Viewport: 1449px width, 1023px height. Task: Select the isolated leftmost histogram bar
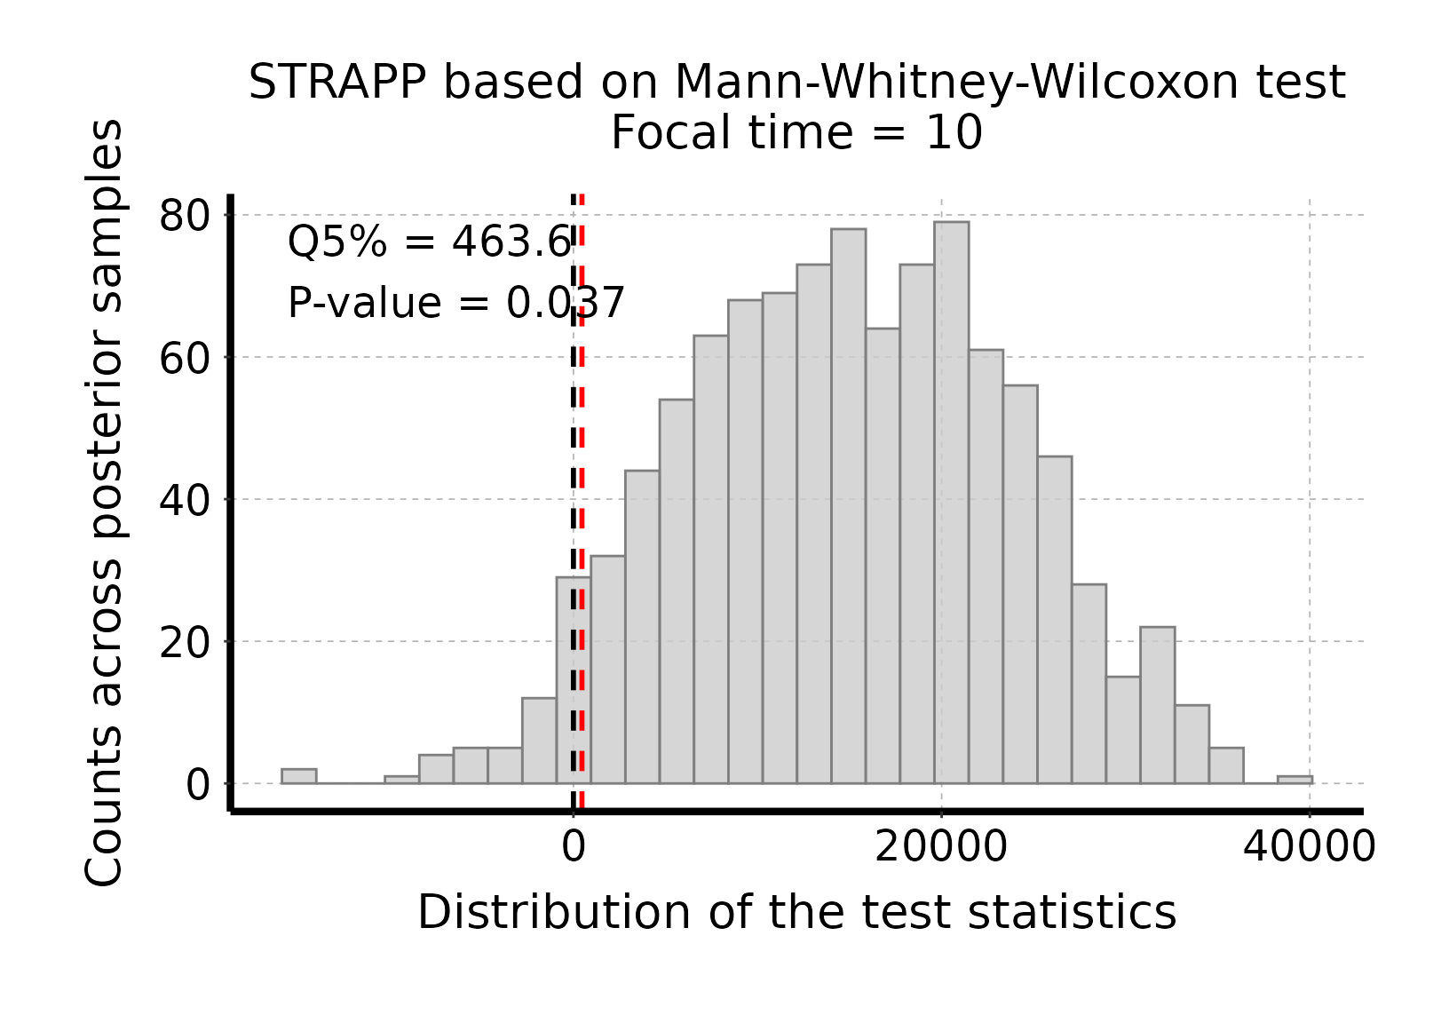tap(298, 776)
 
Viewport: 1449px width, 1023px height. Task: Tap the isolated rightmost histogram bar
tap(1294, 780)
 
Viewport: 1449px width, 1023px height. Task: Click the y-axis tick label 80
tap(185, 216)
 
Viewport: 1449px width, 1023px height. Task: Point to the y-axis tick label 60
tap(185, 358)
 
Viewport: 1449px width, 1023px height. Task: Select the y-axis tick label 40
tap(185, 500)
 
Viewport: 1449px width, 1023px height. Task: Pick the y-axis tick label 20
tap(185, 642)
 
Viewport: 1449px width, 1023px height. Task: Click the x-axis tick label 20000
tap(940, 847)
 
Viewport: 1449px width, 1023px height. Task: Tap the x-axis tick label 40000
tap(1309, 847)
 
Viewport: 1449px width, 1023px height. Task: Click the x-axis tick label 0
tap(574, 847)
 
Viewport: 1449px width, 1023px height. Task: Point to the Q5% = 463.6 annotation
tap(429, 242)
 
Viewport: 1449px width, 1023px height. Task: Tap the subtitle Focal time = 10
tap(796, 134)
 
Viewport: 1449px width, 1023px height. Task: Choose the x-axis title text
tap(796, 913)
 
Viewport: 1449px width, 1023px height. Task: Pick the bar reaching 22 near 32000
tap(1157, 705)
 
